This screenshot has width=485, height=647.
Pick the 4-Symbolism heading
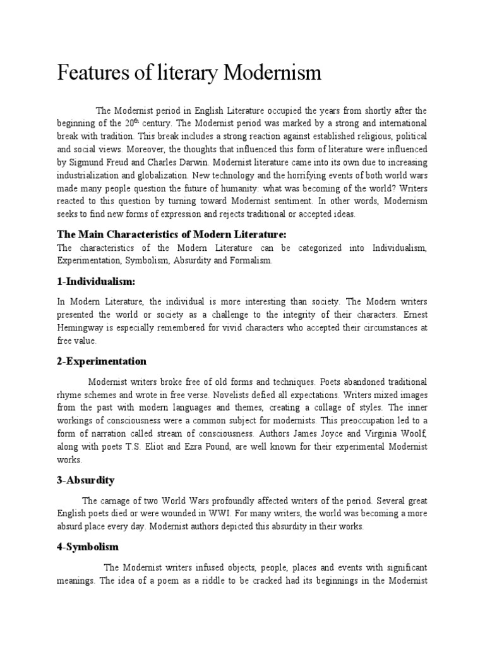(87, 546)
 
